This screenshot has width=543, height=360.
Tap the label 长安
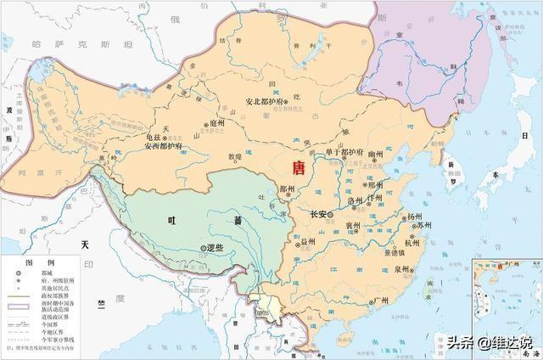pos(320,215)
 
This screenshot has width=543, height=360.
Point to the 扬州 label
pos(414,217)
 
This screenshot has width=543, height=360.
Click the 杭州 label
pos(413,243)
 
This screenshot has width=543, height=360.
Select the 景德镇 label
pos(396,252)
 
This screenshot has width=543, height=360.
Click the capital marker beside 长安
pos(333,215)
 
